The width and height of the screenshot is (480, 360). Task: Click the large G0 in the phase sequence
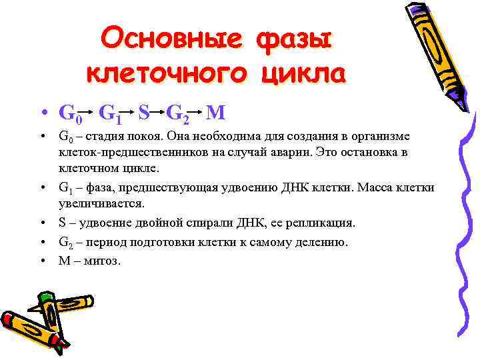click(x=70, y=114)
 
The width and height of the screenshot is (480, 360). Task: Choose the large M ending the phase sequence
click(x=216, y=113)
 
